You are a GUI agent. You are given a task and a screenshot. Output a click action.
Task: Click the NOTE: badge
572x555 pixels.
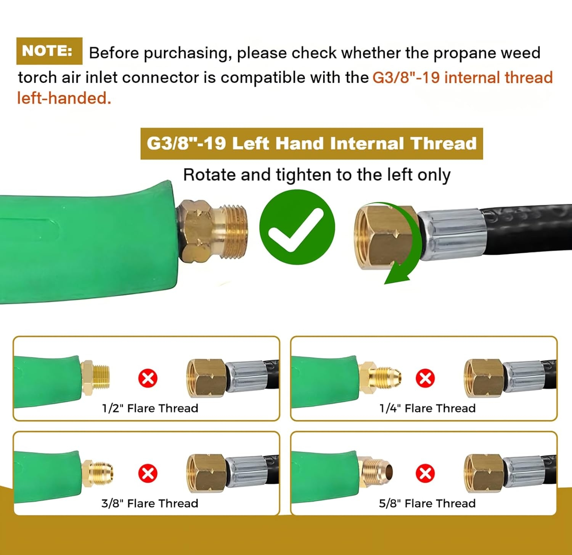(49, 51)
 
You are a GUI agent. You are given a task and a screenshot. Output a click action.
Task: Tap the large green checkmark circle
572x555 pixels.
(297, 227)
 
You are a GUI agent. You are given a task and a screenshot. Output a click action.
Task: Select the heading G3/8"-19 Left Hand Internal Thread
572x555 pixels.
(312, 144)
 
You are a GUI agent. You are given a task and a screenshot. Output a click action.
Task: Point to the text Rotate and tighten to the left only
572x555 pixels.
(317, 175)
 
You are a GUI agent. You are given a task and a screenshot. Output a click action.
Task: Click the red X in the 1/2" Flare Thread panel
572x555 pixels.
(148, 378)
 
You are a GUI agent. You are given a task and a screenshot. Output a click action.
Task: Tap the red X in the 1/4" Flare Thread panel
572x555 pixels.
(425, 378)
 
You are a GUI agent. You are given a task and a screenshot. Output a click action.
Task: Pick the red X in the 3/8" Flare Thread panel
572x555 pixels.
(148, 473)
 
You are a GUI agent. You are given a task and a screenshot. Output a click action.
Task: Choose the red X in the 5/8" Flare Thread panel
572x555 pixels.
(425, 473)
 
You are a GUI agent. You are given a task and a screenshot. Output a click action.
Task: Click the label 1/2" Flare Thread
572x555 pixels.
(150, 408)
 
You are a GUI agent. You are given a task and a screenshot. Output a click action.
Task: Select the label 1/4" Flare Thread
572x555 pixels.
(427, 408)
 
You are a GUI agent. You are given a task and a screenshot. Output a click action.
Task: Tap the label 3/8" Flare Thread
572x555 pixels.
(150, 503)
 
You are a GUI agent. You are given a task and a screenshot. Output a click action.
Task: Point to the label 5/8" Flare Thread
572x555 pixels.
(427, 503)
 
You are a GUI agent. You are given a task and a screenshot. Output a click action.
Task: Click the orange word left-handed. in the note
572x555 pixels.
(64, 98)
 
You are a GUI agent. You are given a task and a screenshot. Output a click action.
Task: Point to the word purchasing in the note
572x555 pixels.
(187, 53)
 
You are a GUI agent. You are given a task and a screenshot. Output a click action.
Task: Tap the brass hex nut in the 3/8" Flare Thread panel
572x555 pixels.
(207, 473)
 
